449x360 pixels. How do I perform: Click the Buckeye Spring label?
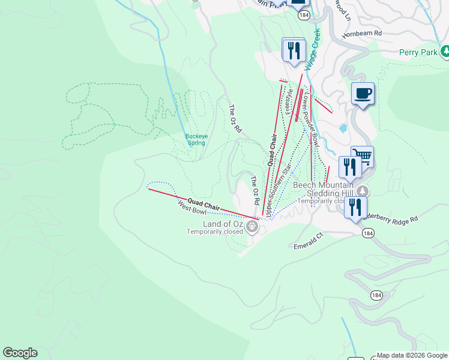point(196,140)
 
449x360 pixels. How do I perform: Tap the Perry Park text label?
point(418,52)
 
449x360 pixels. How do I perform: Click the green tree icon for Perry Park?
point(445,52)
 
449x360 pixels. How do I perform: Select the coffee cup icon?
point(363,94)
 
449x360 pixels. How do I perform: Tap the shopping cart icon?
point(362,157)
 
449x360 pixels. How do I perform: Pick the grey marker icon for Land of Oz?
point(252,227)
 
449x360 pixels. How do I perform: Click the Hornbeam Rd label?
point(361,35)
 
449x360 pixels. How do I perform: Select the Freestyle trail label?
point(289,101)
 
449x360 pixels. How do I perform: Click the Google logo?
point(20,353)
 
